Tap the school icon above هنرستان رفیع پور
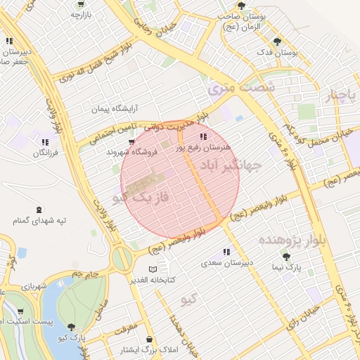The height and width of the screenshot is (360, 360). pos(203,136)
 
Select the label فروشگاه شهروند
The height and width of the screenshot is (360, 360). pos(130,152)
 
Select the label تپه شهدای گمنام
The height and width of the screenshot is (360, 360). pos(39,221)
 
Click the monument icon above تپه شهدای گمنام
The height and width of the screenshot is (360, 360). pos(38,210)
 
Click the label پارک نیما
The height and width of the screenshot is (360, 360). pos(286,267)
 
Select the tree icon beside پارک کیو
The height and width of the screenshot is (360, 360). pos(70,326)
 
